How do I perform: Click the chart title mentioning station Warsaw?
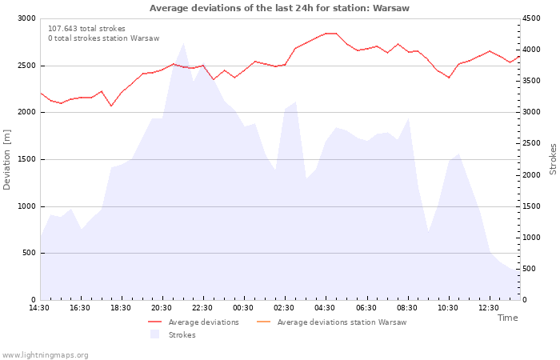(x=279, y=8)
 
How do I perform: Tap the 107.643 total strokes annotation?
(x=86, y=29)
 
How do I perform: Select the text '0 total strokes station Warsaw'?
(x=104, y=38)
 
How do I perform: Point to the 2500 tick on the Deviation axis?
(x=26, y=66)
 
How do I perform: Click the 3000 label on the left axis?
(x=26, y=18)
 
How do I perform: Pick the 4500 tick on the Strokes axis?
(x=531, y=18)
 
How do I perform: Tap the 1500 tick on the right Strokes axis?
(x=531, y=206)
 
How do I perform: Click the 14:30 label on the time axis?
(x=39, y=308)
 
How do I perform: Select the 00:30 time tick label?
(x=243, y=308)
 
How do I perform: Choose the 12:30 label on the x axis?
(x=489, y=308)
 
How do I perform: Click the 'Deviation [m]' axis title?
(x=6, y=160)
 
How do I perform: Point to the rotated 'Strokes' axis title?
(x=553, y=159)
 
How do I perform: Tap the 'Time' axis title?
(x=507, y=318)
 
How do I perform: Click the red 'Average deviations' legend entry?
(x=194, y=322)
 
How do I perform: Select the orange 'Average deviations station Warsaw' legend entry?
(x=331, y=322)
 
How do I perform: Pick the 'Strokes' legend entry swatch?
(x=154, y=334)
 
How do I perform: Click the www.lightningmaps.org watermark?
(x=44, y=355)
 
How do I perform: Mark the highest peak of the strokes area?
(x=183, y=43)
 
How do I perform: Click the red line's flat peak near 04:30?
(x=330, y=34)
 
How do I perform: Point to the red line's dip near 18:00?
(x=111, y=106)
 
